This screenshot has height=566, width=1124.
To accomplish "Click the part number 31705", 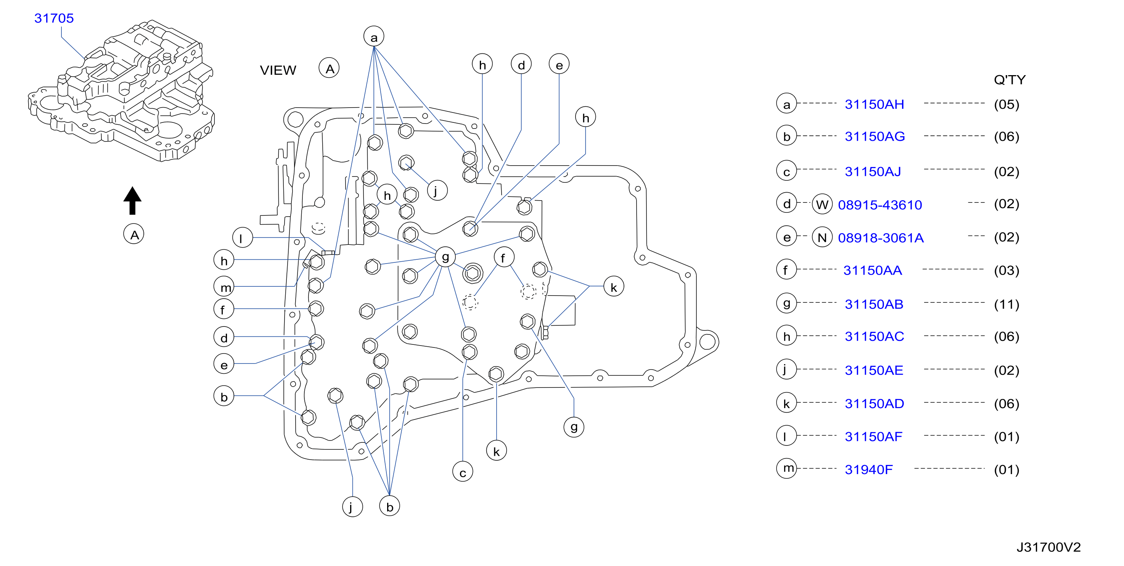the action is click(54, 18).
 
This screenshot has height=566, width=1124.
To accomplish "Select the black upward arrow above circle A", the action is click(132, 201).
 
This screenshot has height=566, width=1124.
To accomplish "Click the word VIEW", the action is click(278, 70).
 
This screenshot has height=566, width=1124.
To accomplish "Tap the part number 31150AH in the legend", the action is click(875, 104).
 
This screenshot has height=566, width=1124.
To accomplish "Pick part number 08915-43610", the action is click(880, 205).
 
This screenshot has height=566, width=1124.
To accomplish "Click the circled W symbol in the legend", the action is click(822, 205).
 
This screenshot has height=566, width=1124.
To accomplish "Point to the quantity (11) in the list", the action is click(1007, 304).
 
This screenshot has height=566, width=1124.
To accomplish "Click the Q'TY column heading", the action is click(1010, 80).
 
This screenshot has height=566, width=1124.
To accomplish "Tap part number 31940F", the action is click(869, 470).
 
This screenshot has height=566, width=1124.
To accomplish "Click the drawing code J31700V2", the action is click(1048, 547).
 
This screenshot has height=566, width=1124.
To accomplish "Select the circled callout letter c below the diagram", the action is click(463, 472).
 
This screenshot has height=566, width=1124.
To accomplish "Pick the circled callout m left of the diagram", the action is click(224, 287).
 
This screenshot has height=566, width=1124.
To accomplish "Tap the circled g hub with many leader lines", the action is click(445, 257).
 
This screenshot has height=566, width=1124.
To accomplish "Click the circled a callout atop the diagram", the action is click(374, 37).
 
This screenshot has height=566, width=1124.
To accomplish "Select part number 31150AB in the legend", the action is click(874, 304).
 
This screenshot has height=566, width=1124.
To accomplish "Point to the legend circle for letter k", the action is click(787, 403).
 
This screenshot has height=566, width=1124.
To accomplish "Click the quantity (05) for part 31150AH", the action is click(1007, 104).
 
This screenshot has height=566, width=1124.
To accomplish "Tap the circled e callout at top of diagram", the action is click(559, 64).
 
